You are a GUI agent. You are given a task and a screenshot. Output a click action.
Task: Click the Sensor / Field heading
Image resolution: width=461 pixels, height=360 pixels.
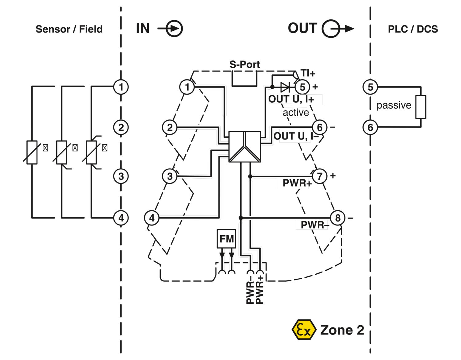coord(69,29)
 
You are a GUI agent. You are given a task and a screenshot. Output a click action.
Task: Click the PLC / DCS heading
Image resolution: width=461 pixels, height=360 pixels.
coord(413,29)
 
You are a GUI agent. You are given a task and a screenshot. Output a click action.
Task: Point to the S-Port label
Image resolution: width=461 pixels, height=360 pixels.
coord(245,65)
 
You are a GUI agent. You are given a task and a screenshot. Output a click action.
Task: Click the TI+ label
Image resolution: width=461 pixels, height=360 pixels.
coord(308,73)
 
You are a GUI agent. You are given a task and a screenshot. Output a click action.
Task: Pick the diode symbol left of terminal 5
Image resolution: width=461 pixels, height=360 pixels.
coord(285,87)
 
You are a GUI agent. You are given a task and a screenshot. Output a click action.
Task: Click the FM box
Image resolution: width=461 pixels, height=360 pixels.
coord(227,239)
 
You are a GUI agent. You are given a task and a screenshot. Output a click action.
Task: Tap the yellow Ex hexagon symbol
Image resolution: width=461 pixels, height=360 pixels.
coord(304,330)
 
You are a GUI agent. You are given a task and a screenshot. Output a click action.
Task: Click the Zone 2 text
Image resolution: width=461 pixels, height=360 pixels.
coord(342,330)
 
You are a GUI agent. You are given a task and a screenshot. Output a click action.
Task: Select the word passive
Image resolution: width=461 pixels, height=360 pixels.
coord(394,105)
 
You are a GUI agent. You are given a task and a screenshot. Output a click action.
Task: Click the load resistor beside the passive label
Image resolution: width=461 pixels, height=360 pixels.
coord(421,107)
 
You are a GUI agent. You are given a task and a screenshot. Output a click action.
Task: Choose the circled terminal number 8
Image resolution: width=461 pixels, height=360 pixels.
coord(338,218)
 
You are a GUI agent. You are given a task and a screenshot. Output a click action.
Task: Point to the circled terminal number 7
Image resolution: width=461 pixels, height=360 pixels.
coord(320,176)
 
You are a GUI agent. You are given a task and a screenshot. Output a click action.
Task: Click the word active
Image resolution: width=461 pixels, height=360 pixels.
coord(296,113)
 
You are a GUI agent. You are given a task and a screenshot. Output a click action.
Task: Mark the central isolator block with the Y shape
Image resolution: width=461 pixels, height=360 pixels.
coord(245,147)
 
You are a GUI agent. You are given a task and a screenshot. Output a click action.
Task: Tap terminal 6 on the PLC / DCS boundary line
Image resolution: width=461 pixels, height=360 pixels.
coord(370,127)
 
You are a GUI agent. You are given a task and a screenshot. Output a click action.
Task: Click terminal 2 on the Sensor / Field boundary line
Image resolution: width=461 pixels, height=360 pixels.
coord(121,127)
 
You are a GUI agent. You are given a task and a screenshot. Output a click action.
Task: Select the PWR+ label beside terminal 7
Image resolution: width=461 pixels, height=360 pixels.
coord(297,183)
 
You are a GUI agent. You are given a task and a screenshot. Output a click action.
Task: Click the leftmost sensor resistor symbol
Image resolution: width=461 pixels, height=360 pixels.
coord(32,152)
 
